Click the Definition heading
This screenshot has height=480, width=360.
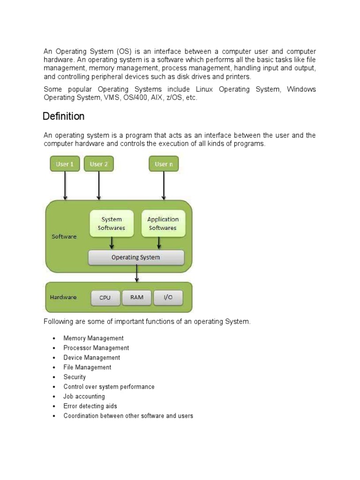click(64, 116)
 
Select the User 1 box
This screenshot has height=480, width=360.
click(65, 164)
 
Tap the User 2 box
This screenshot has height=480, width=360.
click(99, 164)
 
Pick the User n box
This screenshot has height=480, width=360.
click(164, 164)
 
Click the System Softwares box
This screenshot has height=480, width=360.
click(112, 224)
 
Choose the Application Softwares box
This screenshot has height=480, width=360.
click(163, 224)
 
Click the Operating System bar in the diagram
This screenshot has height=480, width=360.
click(136, 257)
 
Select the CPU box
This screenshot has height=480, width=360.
click(105, 298)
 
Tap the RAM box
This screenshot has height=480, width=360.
click(137, 298)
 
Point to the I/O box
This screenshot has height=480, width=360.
click(168, 298)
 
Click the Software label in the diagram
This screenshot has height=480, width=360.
click(64, 237)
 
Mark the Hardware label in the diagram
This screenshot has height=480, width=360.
click(63, 297)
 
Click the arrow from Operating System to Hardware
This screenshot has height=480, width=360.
click(136, 273)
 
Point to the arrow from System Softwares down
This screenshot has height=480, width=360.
click(112, 243)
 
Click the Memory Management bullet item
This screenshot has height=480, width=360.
click(93, 338)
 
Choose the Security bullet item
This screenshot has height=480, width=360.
click(75, 377)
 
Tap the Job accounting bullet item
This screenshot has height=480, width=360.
click(84, 397)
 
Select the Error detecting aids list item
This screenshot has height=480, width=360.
click(90, 406)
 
